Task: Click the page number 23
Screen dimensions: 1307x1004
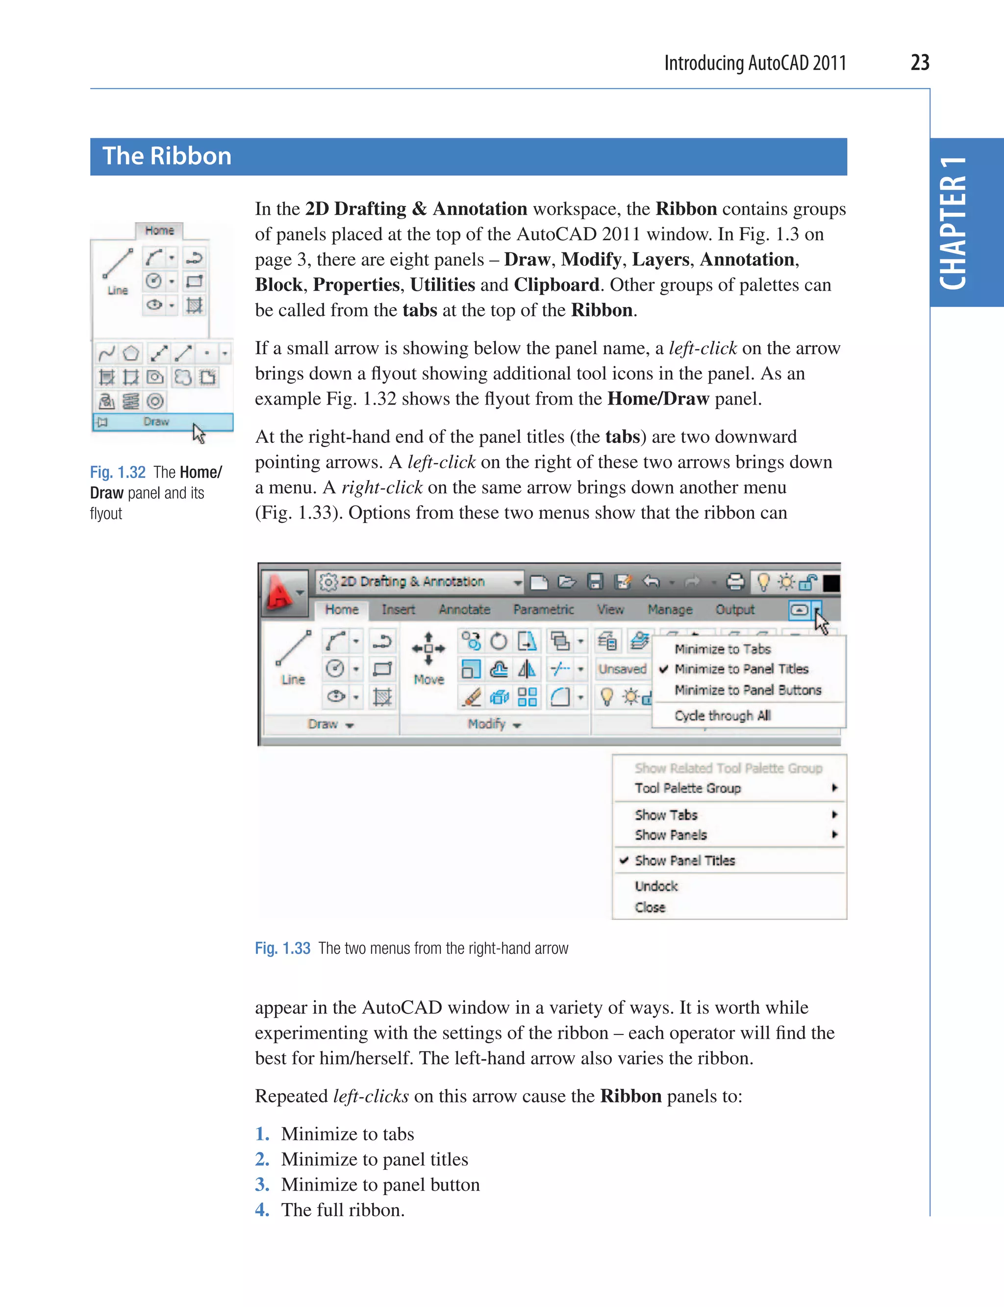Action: (x=919, y=63)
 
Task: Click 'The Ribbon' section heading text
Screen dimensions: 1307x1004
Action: (x=167, y=156)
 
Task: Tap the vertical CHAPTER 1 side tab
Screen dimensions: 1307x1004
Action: (x=954, y=223)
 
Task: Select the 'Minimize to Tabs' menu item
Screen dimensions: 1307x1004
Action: (x=722, y=649)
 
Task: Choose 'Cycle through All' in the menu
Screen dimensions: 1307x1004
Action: (x=722, y=715)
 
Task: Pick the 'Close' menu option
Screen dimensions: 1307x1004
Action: (x=650, y=907)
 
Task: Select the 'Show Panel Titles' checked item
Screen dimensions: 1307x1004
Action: (x=684, y=860)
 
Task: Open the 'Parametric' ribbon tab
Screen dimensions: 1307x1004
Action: (x=543, y=609)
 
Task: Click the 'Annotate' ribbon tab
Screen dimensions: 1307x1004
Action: (x=464, y=609)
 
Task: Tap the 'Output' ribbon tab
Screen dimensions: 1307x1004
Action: (x=734, y=609)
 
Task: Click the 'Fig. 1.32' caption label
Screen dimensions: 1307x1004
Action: (x=117, y=472)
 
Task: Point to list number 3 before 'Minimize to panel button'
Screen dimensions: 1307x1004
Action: (x=262, y=1184)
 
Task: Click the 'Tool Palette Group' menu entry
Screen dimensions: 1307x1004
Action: (x=687, y=788)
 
